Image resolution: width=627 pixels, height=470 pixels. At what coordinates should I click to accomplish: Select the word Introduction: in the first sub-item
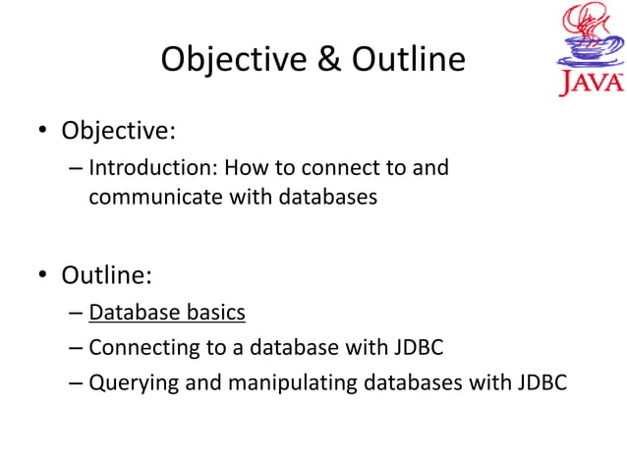click(152, 167)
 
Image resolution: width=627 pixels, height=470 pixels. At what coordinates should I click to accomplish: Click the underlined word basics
click(214, 313)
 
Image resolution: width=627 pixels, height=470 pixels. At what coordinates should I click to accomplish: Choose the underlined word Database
click(133, 313)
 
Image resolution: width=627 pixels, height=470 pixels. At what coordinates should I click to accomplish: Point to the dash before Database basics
click(76, 314)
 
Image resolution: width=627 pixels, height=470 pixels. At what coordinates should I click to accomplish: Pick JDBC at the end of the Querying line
click(541, 382)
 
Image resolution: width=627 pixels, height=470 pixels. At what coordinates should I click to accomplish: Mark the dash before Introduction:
click(76, 168)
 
